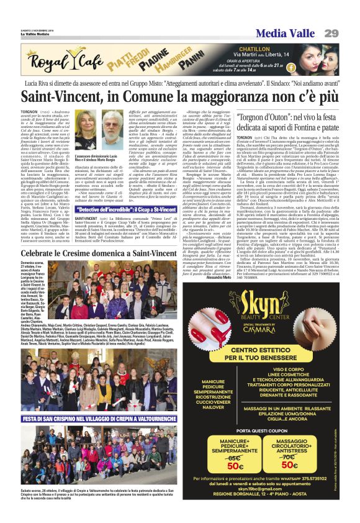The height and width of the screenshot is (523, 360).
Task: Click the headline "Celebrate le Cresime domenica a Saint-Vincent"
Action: click(89, 253)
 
